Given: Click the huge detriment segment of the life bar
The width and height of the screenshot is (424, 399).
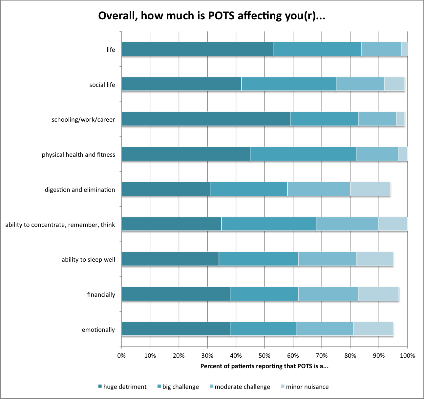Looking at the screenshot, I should pos(197,49).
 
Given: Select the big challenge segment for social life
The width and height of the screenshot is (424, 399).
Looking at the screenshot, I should pos(289,84).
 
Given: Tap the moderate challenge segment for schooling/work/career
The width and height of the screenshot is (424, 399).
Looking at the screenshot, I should pos(377,119).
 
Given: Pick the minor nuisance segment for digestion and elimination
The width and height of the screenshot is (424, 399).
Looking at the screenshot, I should pos(370,189).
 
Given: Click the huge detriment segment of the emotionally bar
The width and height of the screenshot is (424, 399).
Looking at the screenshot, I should pos(176,329).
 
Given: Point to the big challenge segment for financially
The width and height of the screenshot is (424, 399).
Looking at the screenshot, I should pos(264,294).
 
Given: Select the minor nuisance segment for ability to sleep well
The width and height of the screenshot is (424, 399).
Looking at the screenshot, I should pos(374,259).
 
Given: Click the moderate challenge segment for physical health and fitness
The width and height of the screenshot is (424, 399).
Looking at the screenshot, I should pos(377,154).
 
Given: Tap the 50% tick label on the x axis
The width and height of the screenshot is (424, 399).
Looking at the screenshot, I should pos(265,356).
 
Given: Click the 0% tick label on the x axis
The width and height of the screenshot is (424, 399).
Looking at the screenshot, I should pos(121,356).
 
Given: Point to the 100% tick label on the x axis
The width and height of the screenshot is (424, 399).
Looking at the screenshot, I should pos(408,356).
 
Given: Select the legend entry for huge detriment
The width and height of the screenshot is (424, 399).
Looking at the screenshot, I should pos(122,387).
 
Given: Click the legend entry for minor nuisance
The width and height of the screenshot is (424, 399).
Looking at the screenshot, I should pos(305,387).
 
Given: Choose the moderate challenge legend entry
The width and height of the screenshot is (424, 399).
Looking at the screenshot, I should pos(240,387).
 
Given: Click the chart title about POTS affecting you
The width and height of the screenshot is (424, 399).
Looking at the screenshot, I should pos(212,16).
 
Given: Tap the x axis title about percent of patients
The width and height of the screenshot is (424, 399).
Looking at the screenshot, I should pos(265,366).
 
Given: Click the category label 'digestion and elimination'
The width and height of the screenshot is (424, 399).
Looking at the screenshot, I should pos(80,190).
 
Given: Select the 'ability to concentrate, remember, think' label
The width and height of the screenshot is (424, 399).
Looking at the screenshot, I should pos(60,225).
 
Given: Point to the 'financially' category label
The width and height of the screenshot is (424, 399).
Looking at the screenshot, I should pos(101,295).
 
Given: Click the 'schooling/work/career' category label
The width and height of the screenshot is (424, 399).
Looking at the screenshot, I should pos(83,120).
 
